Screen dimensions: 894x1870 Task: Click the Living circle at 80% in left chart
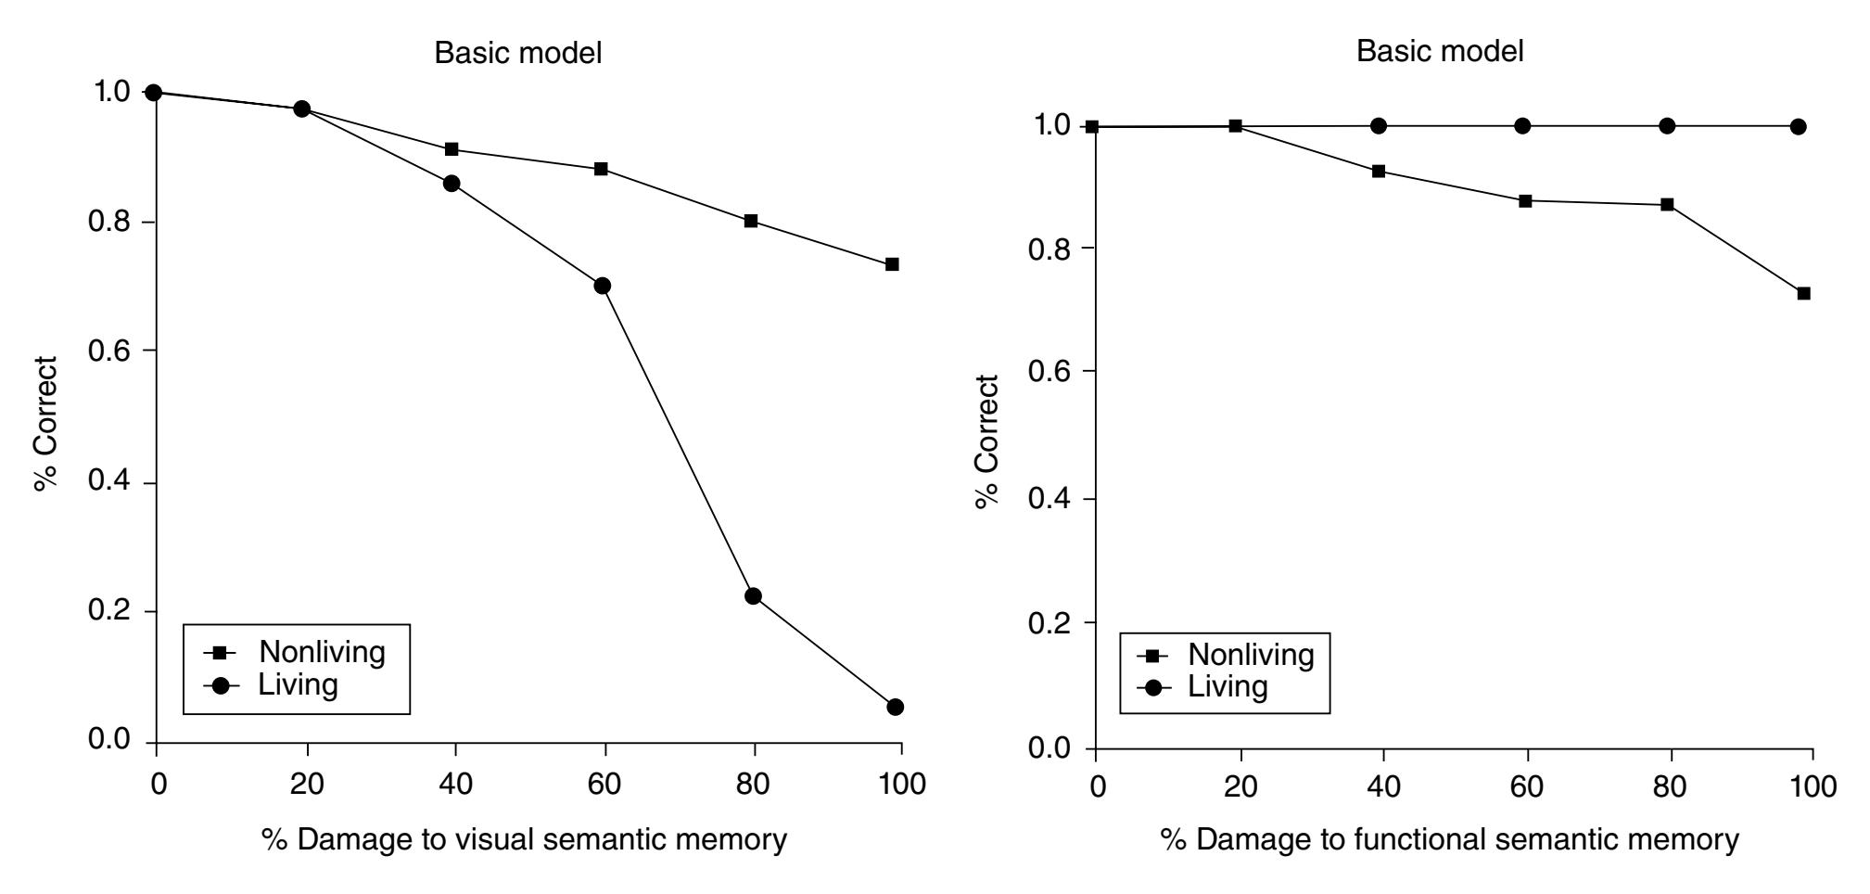(753, 595)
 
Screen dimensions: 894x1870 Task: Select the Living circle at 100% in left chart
(895, 707)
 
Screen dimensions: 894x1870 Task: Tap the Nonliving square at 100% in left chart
(892, 264)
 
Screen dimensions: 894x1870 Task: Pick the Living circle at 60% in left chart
(603, 286)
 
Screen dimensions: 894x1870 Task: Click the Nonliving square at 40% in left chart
(452, 149)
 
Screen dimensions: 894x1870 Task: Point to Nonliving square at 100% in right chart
(1803, 294)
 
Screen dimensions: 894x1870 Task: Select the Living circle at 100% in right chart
(1798, 126)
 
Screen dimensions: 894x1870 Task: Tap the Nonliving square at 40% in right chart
(1379, 172)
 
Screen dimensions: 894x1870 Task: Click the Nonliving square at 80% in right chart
(1667, 204)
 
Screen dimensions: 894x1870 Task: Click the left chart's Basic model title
(518, 53)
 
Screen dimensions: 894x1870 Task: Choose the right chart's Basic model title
(1440, 51)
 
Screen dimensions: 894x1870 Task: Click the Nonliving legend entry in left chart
(321, 652)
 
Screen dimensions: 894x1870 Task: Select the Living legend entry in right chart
(1228, 687)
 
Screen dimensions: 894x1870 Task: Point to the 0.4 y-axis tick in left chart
(109, 482)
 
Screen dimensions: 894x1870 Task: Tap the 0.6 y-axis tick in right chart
(1051, 372)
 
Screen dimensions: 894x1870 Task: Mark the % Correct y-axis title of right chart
(988, 441)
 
